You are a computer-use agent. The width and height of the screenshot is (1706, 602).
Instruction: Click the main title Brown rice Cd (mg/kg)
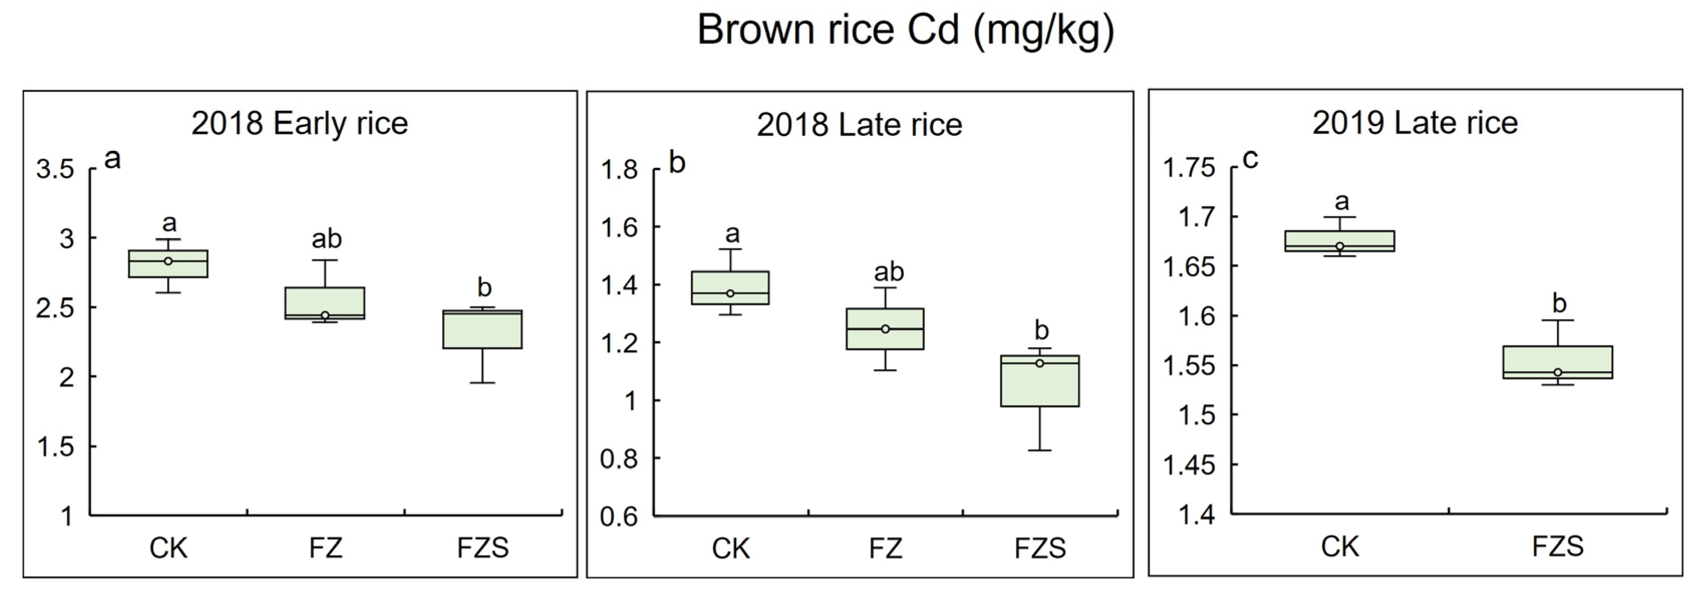pos(905,31)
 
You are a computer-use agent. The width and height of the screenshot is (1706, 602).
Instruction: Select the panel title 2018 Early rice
pos(300,124)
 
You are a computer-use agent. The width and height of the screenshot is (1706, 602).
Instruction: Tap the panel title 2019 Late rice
pos(1414,123)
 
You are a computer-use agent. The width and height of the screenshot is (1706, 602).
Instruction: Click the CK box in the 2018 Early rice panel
pos(168,263)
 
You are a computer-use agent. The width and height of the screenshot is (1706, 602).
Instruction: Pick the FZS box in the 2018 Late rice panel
pos(1040,381)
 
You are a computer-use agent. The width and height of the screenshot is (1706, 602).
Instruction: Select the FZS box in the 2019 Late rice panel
pos(1557,362)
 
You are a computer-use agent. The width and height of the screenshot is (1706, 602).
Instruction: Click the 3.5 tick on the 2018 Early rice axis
pos(56,170)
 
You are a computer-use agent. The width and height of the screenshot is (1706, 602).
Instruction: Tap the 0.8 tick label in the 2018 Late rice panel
pos(619,459)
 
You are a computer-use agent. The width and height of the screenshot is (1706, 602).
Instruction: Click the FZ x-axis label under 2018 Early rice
pos(325,548)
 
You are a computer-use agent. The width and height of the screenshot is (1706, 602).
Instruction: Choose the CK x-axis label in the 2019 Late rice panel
pos(1340,547)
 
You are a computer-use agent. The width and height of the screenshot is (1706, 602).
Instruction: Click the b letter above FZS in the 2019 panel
pos(1559,304)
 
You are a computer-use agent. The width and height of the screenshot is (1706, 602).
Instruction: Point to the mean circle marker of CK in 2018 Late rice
pos(730,293)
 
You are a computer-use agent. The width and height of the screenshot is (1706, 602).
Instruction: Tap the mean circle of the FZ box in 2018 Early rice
pos(325,315)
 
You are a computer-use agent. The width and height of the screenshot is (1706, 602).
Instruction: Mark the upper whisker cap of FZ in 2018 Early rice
pos(325,260)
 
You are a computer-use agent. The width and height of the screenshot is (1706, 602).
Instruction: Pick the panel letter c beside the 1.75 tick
pos(1250,160)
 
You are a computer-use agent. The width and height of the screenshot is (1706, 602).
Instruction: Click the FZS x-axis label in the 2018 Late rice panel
pos(1040,549)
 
